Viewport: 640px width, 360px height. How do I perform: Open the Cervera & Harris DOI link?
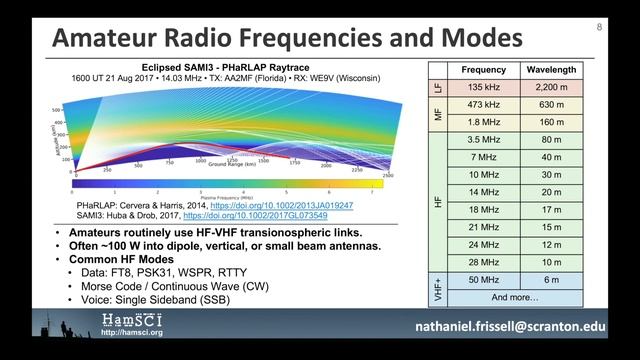point(283,203)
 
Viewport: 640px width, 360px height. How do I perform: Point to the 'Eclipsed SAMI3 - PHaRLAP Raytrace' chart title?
point(219,66)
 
